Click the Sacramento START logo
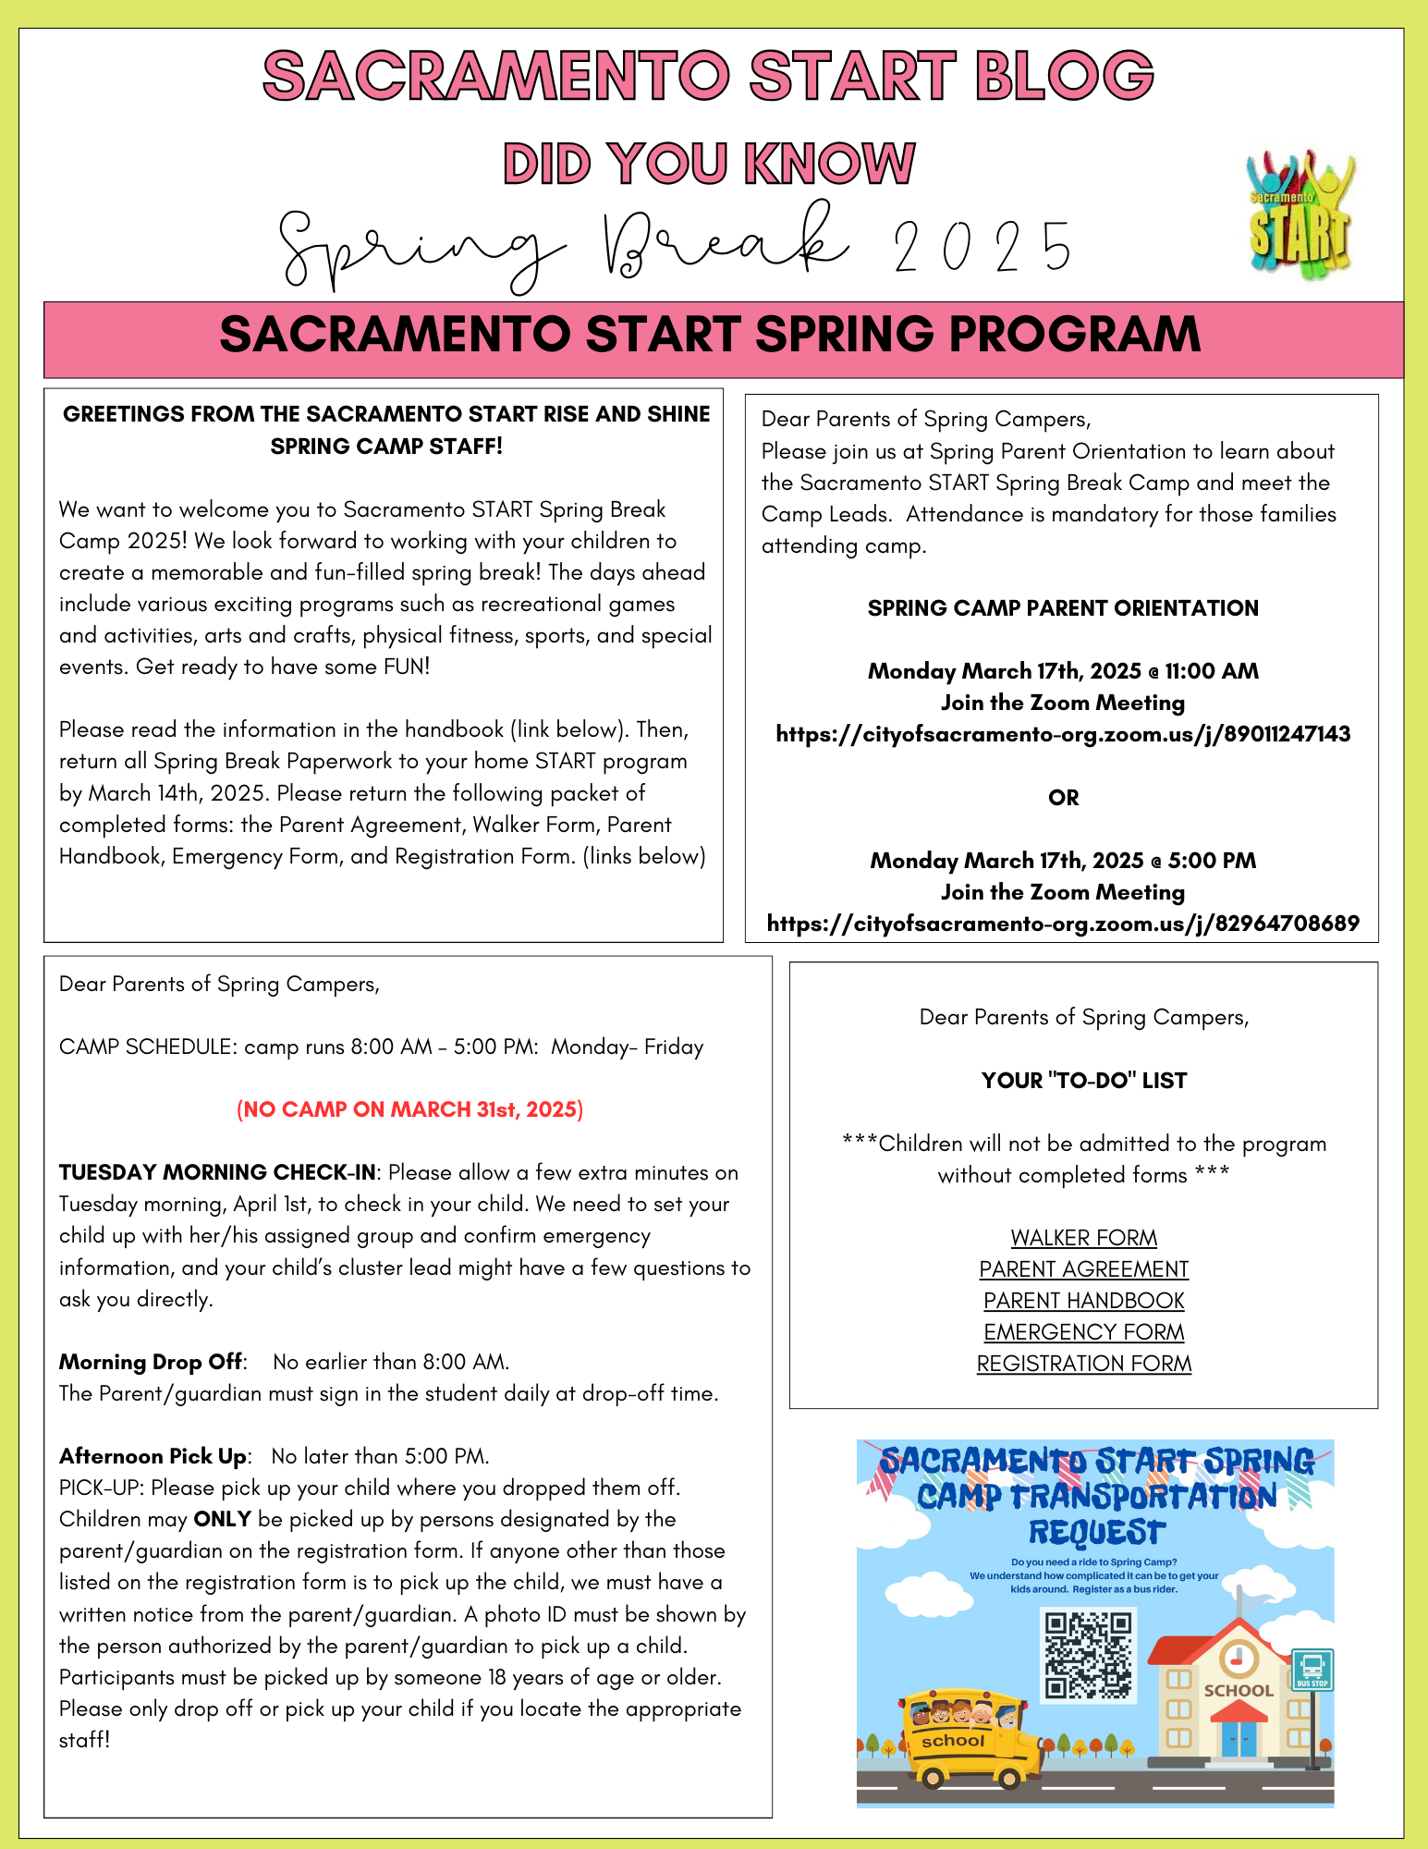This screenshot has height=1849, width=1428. pos(1300,218)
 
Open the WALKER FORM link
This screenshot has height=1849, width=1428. pos(1083,1237)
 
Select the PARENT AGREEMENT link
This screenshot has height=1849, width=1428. pos(1083,1268)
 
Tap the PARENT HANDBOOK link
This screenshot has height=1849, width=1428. pos(1083,1300)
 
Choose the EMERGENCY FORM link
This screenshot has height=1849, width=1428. pos(1083,1331)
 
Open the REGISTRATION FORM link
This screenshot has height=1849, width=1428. pos(1083,1363)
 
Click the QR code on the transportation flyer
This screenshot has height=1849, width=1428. pos(1088,1654)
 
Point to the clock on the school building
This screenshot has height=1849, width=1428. pos(1237,1659)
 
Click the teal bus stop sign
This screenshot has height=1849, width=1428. pos(1312,1670)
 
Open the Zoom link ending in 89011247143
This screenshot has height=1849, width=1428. pos(1063,734)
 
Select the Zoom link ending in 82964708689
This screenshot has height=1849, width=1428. pos(1063,924)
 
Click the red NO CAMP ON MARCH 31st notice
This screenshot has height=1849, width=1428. pos(409,1109)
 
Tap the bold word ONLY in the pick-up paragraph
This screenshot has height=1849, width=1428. pos(222,1519)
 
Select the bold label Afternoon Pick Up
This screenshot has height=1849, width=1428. pos(153,1456)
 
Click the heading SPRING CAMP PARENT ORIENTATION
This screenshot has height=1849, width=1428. pos(1063,608)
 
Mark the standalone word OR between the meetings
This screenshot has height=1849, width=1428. pos(1063,798)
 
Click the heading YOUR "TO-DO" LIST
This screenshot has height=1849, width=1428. pos(1083,1080)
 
